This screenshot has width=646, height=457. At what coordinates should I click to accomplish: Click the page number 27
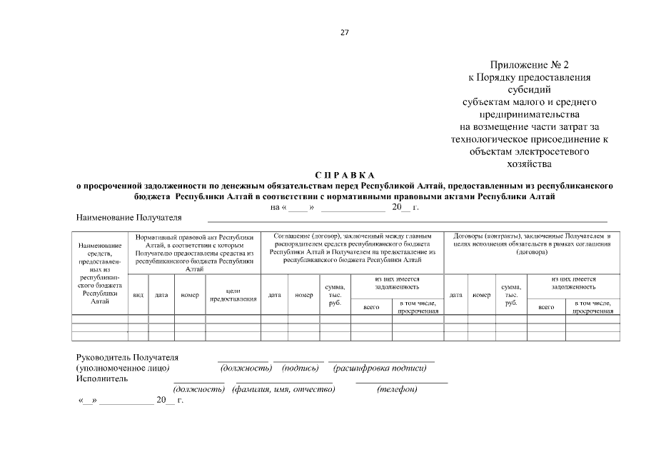(344, 32)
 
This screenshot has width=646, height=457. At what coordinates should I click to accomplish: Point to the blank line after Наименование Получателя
(407, 221)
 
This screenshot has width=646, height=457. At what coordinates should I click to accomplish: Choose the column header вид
(138, 294)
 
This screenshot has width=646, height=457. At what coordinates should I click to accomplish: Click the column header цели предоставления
(233, 294)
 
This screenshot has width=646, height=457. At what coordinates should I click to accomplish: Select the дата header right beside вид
(161, 294)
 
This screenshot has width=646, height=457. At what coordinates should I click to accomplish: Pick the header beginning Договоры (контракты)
(532, 243)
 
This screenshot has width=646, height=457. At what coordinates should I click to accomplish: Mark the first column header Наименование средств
(100, 273)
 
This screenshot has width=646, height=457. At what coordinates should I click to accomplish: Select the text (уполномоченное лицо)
(122, 368)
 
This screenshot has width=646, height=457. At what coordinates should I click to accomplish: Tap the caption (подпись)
(300, 368)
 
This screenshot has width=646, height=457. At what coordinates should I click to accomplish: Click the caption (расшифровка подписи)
(380, 368)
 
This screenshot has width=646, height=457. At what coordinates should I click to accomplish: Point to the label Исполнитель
(102, 378)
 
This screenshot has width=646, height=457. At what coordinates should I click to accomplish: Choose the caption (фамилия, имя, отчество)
(283, 389)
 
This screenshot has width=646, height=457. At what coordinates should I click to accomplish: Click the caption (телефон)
(398, 389)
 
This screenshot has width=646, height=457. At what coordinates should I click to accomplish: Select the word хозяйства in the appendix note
(529, 164)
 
